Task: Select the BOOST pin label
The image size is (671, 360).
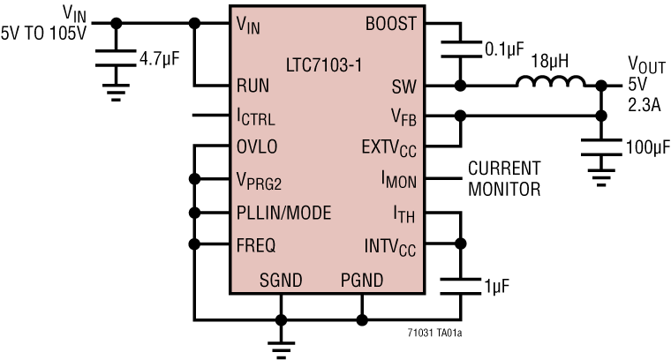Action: (390, 25)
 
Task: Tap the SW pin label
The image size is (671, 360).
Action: (403, 86)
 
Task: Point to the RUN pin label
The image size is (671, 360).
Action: (253, 86)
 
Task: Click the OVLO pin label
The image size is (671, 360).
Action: (257, 146)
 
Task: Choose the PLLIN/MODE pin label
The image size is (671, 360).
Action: (283, 212)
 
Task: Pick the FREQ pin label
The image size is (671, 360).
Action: (256, 244)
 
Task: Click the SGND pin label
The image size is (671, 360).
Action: (281, 281)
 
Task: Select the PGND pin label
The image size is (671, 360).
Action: (362, 281)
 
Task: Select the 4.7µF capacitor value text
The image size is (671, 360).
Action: (163, 61)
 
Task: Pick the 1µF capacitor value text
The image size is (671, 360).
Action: (496, 285)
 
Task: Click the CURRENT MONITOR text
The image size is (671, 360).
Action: (504, 177)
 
